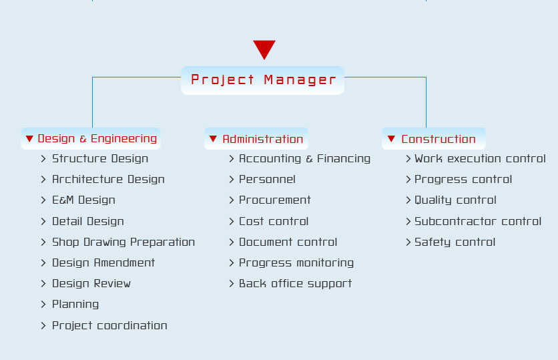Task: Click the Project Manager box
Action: tap(262, 80)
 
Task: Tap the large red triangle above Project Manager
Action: tap(264, 48)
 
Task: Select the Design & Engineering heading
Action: tap(91, 138)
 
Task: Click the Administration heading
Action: tap(256, 138)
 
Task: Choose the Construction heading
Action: tap(433, 138)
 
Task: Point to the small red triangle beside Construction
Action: tap(391, 138)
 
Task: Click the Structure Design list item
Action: tap(100, 158)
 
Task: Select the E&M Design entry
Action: tap(83, 200)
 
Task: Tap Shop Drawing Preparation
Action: tap(123, 242)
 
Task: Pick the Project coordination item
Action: tap(109, 325)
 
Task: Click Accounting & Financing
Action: tap(304, 158)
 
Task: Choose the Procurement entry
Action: tap(275, 200)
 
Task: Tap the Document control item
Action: tap(288, 242)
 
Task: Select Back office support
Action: tap(296, 284)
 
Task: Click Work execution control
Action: tap(480, 158)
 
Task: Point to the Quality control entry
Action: tap(455, 200)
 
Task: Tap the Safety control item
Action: tap(455, 242)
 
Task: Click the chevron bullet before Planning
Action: tap(43, 305)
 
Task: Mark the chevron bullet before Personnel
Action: tap(232, 180)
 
